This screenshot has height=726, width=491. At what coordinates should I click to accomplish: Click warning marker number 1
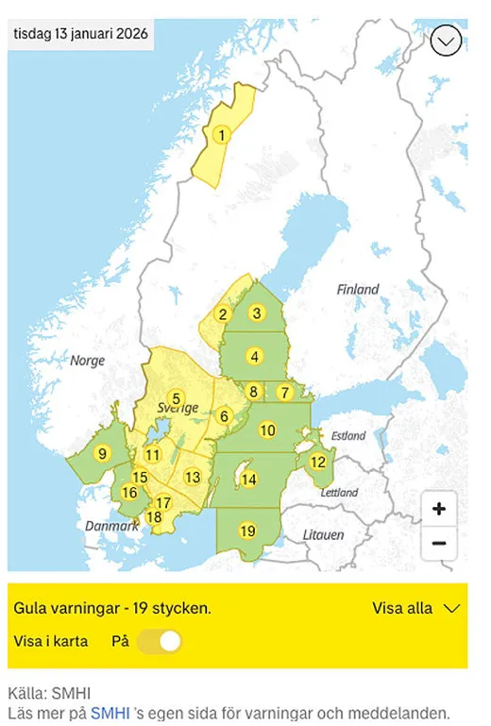point(221,135)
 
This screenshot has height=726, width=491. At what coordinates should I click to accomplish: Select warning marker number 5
point(175,398)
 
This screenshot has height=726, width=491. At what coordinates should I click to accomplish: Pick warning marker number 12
point(318,462)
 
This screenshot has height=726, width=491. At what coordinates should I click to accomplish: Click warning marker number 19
point(247,531)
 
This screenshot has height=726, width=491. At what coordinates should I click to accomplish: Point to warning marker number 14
point(248,480)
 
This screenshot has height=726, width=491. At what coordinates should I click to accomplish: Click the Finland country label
point(358,290)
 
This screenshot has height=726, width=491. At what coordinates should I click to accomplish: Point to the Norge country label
point(89,361)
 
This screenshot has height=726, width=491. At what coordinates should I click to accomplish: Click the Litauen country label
point(323,534)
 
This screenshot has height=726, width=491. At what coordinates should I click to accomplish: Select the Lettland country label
point(338,493)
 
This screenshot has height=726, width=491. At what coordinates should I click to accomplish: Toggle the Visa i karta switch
point(159,642)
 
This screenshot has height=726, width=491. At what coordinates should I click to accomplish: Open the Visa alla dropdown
point(415,608)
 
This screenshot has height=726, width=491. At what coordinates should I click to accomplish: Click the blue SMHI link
point(110,713)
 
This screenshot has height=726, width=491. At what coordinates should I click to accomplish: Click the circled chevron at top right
point(446,40)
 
